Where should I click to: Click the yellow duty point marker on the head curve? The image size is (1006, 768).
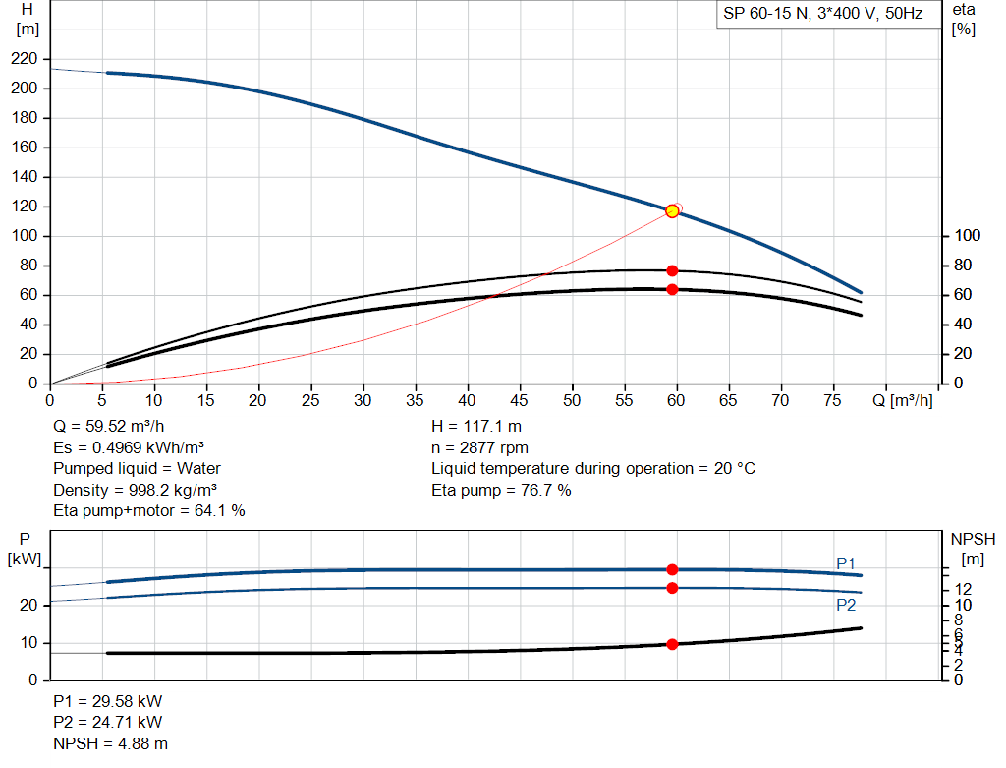point(672,211)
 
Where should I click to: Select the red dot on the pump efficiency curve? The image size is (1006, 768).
point(672,271)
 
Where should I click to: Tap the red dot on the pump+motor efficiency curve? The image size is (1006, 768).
point(672,290)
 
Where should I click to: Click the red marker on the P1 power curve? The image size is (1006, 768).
point(672,569)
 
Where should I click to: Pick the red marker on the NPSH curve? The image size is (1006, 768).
point(672,644)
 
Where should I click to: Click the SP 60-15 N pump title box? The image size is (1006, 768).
point(823,14)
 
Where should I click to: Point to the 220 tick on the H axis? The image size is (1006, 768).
point(25,58)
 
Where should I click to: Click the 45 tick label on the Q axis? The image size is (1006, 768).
point(519,400)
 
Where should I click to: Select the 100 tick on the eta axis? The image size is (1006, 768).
point(968,236)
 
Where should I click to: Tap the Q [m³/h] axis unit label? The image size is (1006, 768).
point(903,400)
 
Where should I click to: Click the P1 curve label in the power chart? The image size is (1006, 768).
point(846,563)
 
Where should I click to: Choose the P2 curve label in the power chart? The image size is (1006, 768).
point(846,605)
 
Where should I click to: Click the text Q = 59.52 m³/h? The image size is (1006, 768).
point(109,427)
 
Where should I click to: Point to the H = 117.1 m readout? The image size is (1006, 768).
point(476,427)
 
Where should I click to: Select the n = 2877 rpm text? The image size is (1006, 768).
point(479,447)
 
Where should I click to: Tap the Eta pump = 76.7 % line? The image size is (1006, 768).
point(501,490)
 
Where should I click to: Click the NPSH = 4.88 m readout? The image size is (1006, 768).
point(110,743)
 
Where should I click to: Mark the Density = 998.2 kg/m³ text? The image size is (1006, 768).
point(135,490)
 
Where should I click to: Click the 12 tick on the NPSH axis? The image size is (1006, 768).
point(963,589)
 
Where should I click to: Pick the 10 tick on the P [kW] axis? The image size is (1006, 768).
point(28,643)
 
